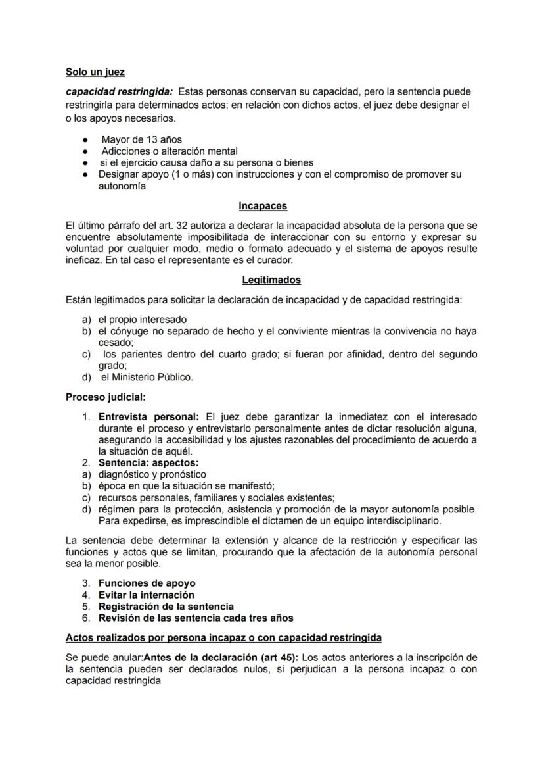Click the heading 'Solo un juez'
[95, 72]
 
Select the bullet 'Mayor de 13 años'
[141, 139]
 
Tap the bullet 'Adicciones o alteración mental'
[169, 151]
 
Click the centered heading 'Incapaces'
[263, 206]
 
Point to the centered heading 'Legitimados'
[271, 280]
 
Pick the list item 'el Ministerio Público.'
[147, 377]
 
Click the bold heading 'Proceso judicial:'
[106, 397]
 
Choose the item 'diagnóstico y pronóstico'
[152, 474]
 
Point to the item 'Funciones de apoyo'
[147, 583]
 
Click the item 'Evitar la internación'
[146, 595]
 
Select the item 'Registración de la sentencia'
[166, 607]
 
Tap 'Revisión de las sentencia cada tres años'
[196, 618]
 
